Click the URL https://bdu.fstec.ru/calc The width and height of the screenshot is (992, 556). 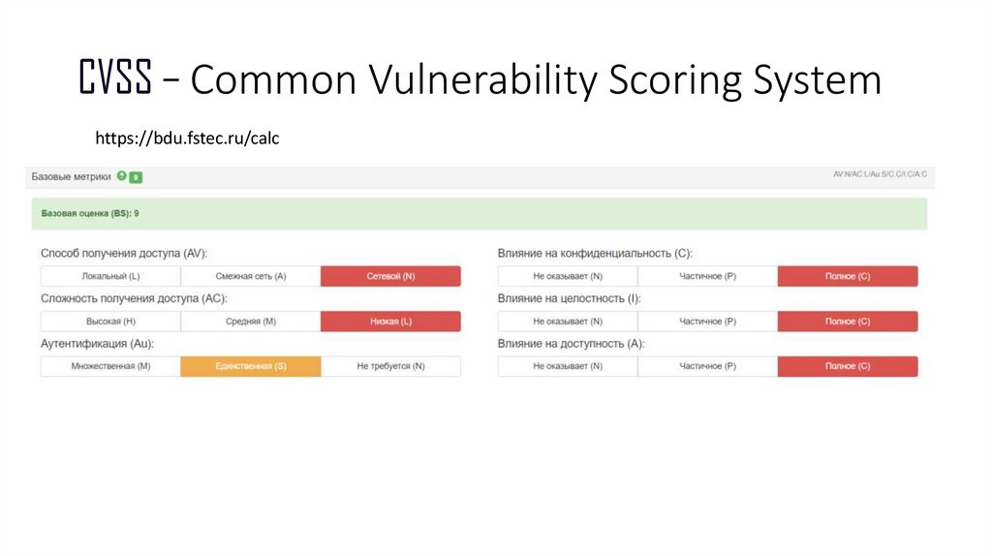point(187,139)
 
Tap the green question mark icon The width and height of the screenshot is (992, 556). point(121,176)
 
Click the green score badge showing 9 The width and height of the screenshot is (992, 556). point(136,177)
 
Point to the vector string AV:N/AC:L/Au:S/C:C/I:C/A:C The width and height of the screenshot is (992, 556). point(880,174)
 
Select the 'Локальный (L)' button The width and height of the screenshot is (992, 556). point(110,276)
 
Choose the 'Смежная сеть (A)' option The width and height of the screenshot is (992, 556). point(251,276)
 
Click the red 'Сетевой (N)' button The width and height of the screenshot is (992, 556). point(390,276)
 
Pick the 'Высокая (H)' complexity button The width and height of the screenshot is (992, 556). point(110,322)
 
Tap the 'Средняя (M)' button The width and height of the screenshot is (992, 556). point(251,322)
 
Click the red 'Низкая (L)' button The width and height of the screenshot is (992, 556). point(390,322)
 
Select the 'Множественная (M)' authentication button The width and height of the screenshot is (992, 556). point(110,366)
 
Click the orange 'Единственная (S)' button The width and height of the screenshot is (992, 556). point(251,366)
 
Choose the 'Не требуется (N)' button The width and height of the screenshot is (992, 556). point(390,366)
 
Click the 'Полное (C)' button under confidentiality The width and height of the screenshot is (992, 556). point(848,276)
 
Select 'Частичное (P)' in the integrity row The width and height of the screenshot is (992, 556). point(707,322)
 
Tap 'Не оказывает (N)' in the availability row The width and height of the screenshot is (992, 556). point(568,366)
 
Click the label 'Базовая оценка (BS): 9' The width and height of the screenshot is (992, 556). point(90,213)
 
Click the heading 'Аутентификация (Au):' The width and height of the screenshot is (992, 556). point(98,344)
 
